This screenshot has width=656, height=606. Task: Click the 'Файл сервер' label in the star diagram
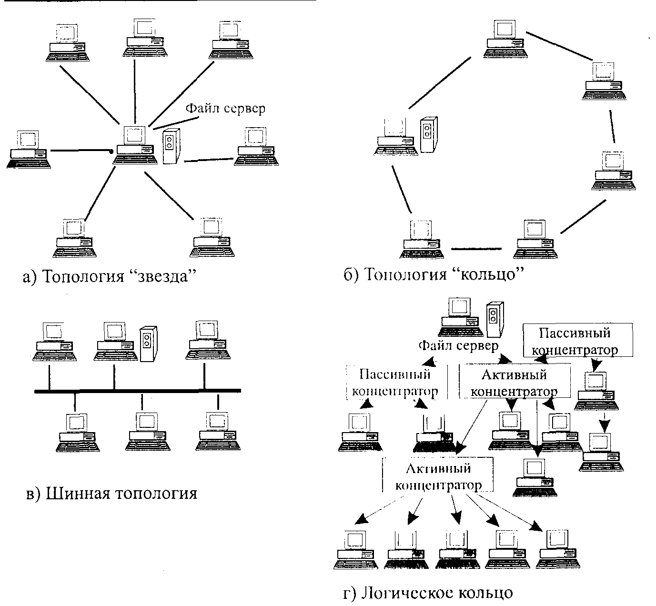[225, 109]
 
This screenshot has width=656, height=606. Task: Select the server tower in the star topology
[172, 146]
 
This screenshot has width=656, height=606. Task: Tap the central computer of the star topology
[135, 145]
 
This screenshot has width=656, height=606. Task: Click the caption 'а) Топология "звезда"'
[110, 276]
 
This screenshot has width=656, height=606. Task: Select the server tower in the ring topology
[429, 135]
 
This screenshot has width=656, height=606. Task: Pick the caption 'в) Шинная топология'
[111, 493]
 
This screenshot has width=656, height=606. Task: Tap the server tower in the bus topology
[149, 344]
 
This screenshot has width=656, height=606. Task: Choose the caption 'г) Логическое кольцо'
[428, 592]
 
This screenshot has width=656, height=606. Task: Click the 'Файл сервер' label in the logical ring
[458, 346]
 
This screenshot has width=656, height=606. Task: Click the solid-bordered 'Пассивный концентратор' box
[578, 340]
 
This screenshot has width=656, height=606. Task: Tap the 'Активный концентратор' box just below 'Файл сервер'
[514, 383]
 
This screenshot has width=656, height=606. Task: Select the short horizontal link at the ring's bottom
[476, 248]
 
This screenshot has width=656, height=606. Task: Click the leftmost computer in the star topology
[29, 149]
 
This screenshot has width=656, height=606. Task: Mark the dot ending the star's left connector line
[111, 151]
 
